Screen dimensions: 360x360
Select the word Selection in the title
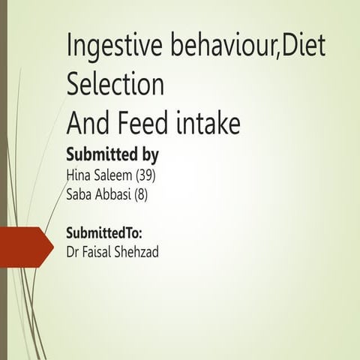tap(115, 84)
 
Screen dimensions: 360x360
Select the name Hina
tap(79, 176)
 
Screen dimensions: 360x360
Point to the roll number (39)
tap(145, 176)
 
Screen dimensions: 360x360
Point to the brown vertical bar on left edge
tap(3, 180)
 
